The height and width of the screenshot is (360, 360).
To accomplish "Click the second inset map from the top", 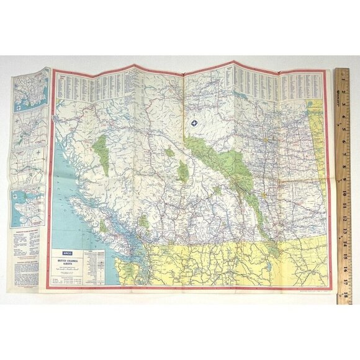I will (x=29, y=127).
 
